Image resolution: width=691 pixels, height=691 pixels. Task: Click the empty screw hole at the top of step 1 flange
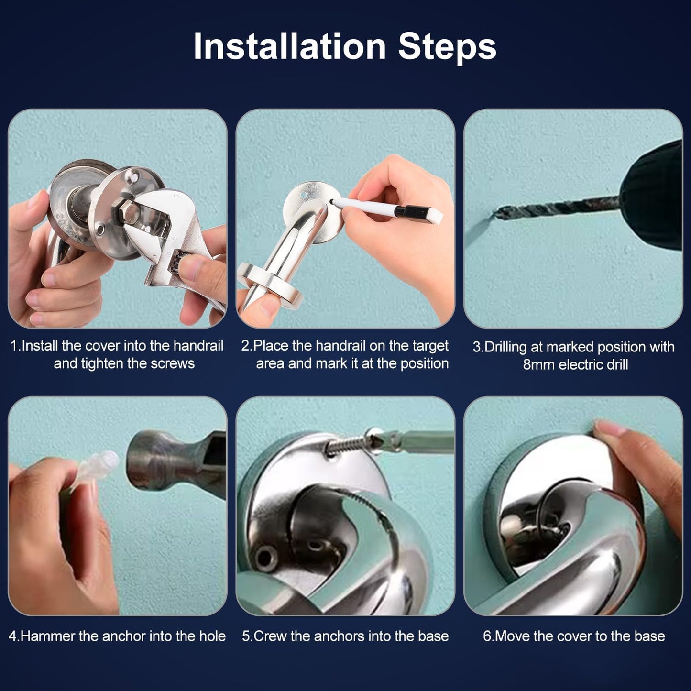(135, 177)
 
